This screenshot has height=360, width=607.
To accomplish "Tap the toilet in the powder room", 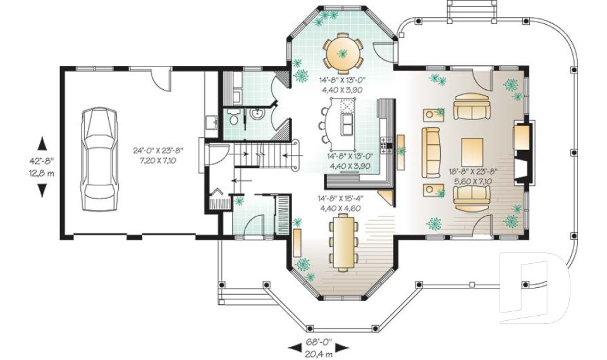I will (x=233, y=117).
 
